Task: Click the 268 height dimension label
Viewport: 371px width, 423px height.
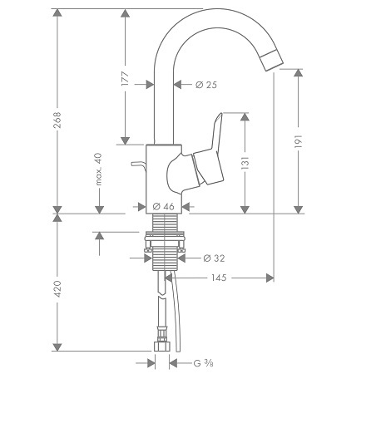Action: click(57, 121)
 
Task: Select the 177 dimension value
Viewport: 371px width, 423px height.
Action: click(125, 78)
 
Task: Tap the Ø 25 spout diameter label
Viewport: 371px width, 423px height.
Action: click(206, 85)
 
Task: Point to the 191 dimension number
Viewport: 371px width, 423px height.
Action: click(298, 141)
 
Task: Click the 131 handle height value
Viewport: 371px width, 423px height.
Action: click(245, 163)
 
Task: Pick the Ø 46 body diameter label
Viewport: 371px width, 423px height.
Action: click(164, 206)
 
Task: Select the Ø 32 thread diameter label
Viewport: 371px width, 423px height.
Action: click(214, 258)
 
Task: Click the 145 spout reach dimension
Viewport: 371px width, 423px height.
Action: click(219, 278)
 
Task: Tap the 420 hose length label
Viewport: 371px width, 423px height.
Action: click(57, 289)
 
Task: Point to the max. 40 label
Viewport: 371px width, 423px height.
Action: click(99, 169)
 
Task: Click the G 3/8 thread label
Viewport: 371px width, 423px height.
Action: click(204, 363)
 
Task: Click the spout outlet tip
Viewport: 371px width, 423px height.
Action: click(273, 61)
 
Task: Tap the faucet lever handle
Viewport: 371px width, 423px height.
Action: click(209, 155)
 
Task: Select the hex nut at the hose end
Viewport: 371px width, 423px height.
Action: click(161, 347)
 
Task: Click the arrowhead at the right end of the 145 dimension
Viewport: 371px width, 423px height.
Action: click(270, 278)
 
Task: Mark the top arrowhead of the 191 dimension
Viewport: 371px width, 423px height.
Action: click(298, 72)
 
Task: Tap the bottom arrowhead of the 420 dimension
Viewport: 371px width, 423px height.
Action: click(57, 347)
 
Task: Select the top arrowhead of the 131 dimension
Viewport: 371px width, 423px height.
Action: click(245, 116)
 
